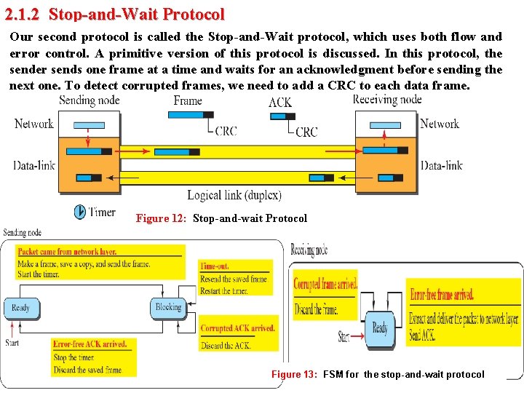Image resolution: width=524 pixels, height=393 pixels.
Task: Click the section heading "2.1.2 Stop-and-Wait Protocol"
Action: (x=114, y=14)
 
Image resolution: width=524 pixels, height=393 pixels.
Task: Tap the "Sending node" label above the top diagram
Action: (x=89, y=100)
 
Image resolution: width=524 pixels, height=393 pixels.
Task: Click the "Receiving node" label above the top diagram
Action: (x=386, y=100)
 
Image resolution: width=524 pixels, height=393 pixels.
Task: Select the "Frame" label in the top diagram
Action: (x=187, y=100)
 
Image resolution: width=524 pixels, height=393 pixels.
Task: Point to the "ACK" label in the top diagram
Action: (x=280, y=103)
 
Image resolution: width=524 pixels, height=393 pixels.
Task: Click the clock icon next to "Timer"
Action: (x=79, y=212)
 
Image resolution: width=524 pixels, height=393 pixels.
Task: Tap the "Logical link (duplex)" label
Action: (x=234, y=195)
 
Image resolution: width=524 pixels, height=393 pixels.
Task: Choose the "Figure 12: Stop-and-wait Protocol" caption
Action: (x=221, y=218)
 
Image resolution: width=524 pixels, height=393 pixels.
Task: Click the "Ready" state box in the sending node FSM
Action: (x=20, y=309)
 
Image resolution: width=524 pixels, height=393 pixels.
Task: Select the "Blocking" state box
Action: (x=168, y=307)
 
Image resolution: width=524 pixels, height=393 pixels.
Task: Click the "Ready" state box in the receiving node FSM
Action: (x=380, y=328)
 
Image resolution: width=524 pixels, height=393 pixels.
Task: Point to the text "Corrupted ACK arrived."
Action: (x=237, y=329)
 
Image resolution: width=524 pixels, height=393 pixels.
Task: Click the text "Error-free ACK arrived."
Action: (x=90, y=344)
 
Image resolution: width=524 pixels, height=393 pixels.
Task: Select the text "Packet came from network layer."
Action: (x=67, y=252)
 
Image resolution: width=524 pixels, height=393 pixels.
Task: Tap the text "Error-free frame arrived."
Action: (x=441, y=295)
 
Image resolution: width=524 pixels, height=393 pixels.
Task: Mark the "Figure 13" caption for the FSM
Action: (x=377, y=374)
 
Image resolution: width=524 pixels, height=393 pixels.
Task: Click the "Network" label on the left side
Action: (x=34, y=124)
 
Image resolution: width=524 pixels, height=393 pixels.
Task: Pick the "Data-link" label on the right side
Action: (x=441, y=165)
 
